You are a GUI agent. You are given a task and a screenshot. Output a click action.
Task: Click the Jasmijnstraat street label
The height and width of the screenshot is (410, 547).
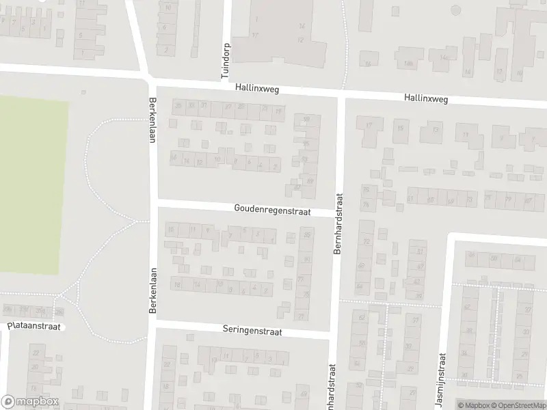coord(442,372)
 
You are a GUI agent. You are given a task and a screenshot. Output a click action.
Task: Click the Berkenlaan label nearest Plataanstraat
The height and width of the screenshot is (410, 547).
coord(153,290)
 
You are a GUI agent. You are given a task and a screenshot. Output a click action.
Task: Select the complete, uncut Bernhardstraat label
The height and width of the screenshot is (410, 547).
coord(337,223)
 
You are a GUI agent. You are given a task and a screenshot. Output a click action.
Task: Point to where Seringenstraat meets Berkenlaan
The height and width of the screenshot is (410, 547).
coord(153,324)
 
